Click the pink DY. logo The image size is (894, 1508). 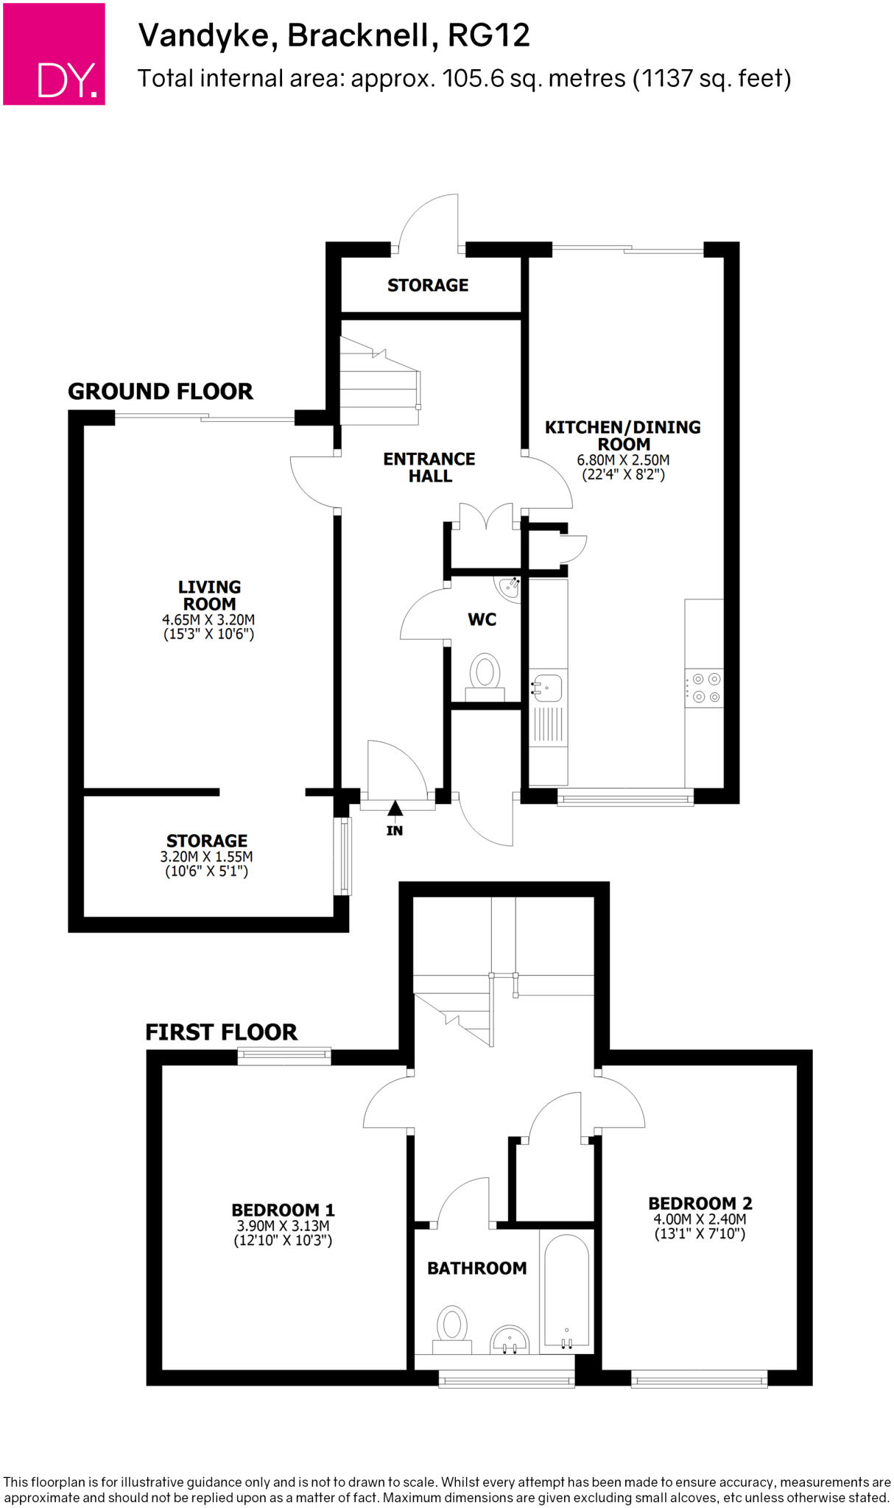54,54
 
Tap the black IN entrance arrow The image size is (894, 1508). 395,809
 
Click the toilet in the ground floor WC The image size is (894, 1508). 485,673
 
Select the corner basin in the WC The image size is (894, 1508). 510,587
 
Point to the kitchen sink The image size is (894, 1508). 548,688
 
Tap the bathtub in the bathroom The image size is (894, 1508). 566,1291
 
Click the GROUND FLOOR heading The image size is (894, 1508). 161,391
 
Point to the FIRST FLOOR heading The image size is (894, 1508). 221,1032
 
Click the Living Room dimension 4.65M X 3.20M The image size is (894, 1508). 208,620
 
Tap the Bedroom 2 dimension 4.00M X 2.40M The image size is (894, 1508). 700,1219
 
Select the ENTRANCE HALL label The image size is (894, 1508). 429,468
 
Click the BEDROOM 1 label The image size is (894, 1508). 283,1210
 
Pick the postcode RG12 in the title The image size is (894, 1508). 489,35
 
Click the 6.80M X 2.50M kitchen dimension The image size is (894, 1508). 623,460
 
